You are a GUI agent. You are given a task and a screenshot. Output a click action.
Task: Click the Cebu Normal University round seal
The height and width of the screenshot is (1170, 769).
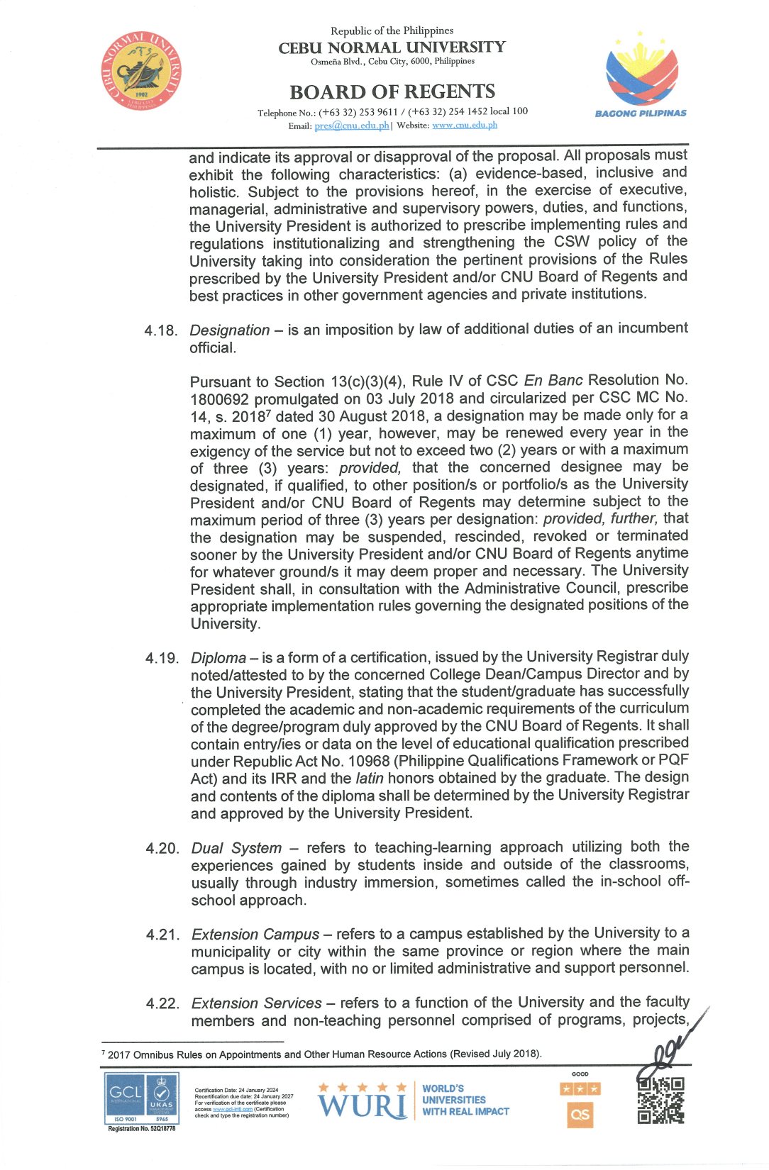tap(141, 71)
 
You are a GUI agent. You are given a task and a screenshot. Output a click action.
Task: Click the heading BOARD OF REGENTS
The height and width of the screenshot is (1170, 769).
tap(392, 92)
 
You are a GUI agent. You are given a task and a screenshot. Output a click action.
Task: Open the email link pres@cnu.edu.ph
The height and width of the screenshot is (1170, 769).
tap(352, 126)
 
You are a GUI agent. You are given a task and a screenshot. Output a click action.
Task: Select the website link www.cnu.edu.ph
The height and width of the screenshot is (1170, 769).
tap(465, 126)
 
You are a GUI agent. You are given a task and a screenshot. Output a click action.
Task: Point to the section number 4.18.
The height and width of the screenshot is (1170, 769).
tap(160, 331)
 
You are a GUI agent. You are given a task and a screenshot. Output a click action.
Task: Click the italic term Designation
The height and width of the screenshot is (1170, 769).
tap(229, 330)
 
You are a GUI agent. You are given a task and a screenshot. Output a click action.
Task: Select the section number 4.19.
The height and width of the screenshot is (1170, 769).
tap(162, 659)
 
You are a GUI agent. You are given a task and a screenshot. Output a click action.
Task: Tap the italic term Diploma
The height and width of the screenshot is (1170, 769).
tap(218, 658)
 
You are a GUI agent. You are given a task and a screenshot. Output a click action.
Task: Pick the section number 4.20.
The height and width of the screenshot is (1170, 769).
tap(162, 849)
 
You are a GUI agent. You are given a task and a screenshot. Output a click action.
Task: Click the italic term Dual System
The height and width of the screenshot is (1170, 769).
tap(236, 849)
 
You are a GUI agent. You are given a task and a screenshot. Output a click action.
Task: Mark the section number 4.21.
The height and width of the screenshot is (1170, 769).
tap(162, 935)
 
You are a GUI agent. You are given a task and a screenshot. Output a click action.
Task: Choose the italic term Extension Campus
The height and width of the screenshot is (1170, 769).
tap(255, 935)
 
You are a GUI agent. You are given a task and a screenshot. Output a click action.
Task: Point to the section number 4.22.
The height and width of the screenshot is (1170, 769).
tap(162, 1004)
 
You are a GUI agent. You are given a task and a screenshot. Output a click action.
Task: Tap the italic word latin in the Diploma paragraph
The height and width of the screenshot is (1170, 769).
tap(370, 779)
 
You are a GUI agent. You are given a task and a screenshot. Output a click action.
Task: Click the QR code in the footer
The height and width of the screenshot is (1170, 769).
tap(660, 1101)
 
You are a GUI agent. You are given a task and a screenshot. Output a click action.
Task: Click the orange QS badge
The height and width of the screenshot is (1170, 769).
tap(580, 1115)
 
